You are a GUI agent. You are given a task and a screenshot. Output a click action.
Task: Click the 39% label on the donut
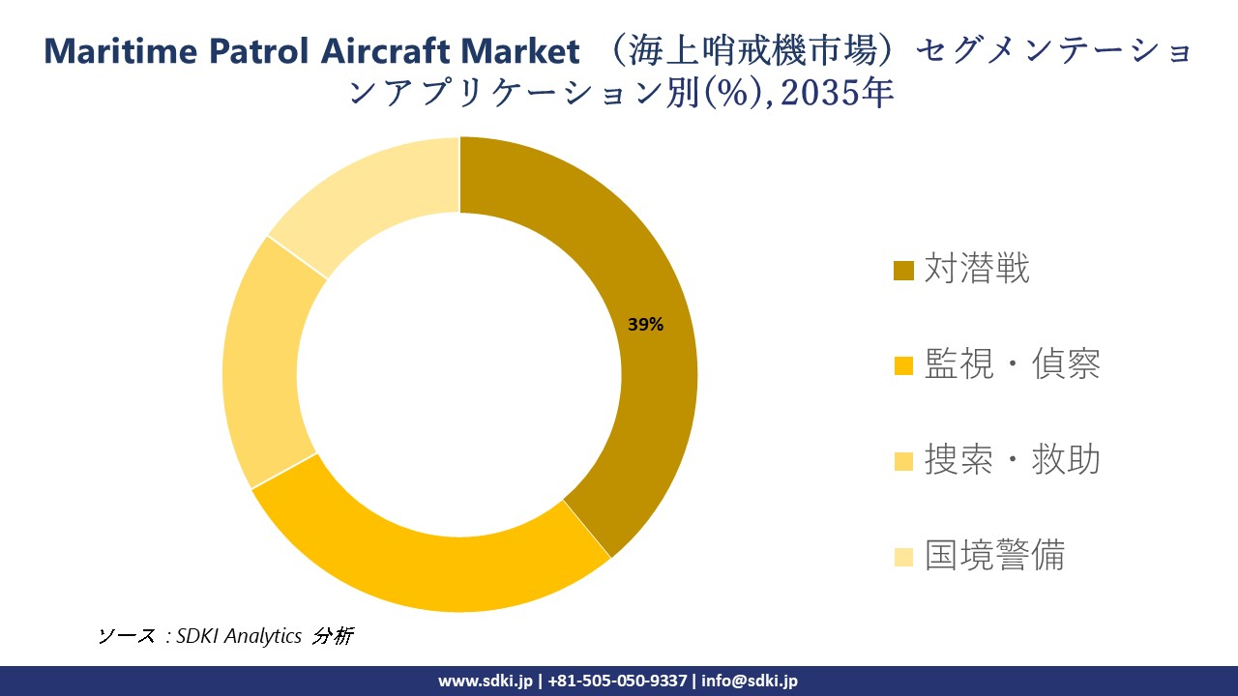pos(645,325)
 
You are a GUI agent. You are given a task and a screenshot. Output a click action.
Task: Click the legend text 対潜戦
pos(977,269)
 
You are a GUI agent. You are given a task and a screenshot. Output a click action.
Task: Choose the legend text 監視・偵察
pos(1012,364)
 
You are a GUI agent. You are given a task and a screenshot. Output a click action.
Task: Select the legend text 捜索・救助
pos(1012,460)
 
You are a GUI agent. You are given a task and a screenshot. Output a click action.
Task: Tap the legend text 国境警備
pos(994,556)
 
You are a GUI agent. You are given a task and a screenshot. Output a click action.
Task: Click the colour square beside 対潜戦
pos(903,271)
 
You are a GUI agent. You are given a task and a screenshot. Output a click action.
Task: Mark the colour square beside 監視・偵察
pos(903,366)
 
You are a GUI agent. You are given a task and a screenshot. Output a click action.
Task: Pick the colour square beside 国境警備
pos(903,558)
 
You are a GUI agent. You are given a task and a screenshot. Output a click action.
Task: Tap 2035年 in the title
pos(834,93)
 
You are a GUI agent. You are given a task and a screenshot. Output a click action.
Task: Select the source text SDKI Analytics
pos(239,636)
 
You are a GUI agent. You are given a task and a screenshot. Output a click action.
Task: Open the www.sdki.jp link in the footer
pos(485,681)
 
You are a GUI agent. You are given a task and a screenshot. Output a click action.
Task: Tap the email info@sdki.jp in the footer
pos(750,681)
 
